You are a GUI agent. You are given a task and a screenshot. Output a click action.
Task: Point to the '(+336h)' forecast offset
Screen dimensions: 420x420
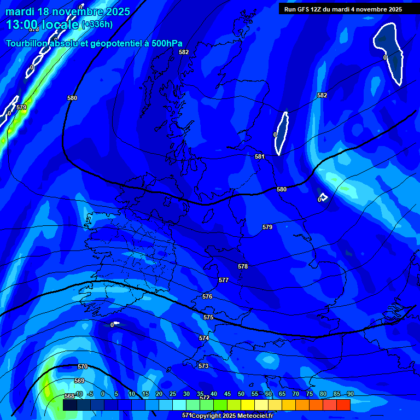(97, 25)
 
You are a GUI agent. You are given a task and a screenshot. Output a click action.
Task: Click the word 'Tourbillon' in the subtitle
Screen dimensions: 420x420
(30, 44)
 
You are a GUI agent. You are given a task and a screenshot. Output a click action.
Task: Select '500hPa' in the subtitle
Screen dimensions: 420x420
(166, 44)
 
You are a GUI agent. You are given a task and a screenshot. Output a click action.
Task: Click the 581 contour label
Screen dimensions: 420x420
(260, 156)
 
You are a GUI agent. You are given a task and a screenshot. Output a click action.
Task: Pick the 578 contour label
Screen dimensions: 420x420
(243, 266)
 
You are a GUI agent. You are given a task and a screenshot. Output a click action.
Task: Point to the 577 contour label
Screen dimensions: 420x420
(223, 280)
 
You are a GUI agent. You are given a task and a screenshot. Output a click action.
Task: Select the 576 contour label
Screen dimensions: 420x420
(207, 296)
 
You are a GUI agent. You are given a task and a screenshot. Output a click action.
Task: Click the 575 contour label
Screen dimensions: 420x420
(208, 317)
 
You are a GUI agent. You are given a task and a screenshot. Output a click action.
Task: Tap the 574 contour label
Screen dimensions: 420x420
(204, 338)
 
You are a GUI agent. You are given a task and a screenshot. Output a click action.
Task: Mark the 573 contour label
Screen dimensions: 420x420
(203, 366)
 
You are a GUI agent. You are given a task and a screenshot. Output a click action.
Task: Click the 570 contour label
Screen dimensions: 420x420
(83, 366)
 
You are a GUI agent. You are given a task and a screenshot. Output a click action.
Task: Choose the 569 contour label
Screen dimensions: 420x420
(79, 381)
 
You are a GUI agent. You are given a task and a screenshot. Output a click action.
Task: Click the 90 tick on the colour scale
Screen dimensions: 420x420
(350, 394)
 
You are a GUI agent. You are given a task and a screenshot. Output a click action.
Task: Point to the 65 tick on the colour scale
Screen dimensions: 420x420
(282, 394)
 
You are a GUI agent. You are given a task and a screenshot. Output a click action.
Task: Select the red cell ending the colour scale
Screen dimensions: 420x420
(343, 405)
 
